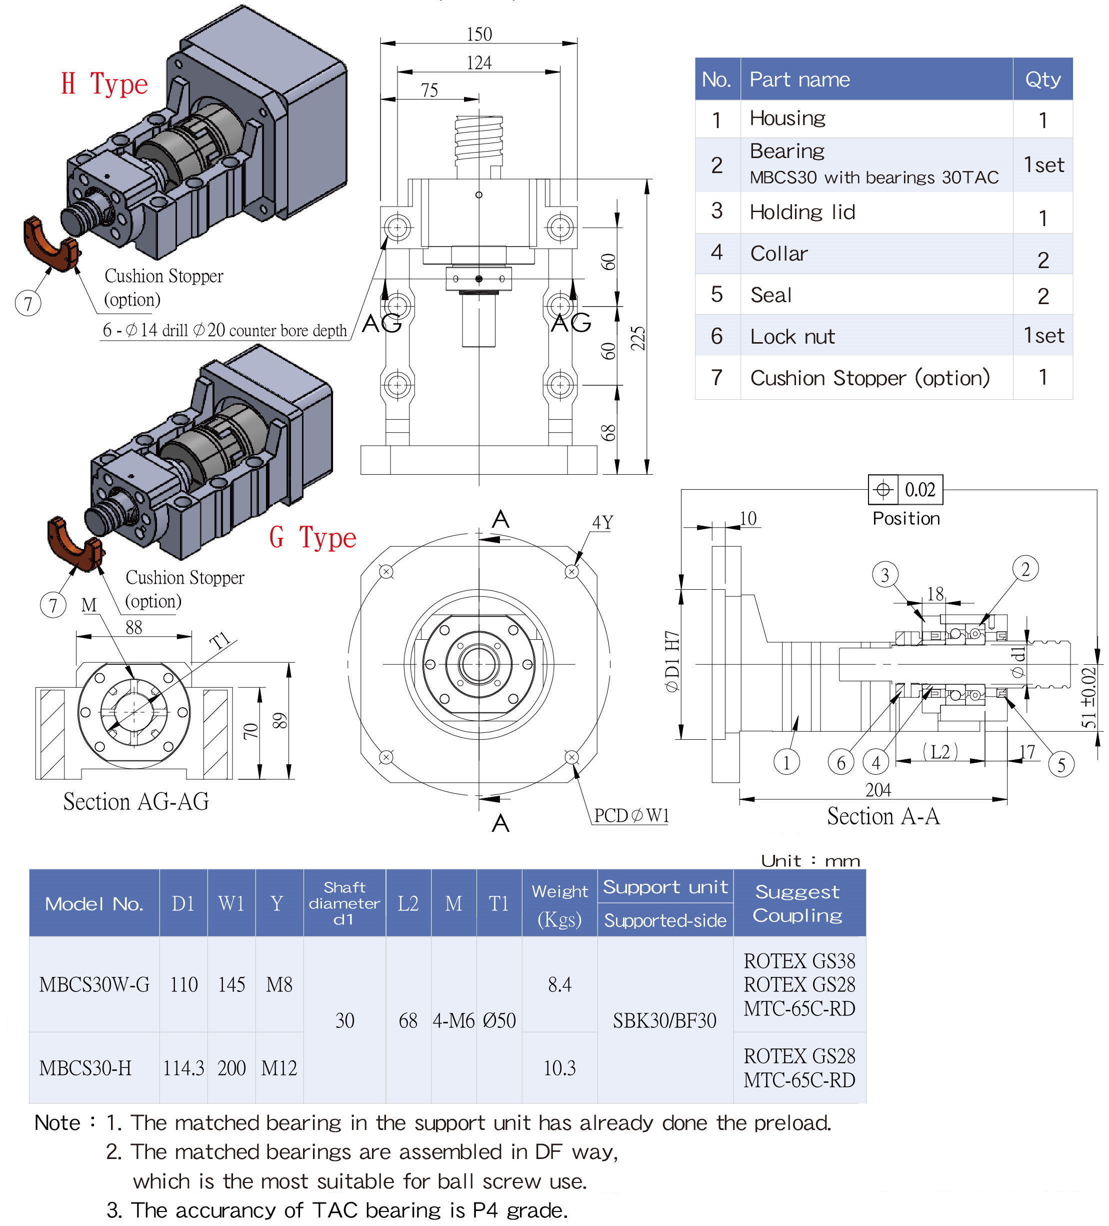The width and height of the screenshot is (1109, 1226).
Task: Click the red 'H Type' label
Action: pyautogui.click(x=104, y=84)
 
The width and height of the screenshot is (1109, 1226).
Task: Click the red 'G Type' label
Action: pyautogui.click(x=312, y=538)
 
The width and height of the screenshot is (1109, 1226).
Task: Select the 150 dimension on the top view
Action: pyautogui.click(x=478, y=35)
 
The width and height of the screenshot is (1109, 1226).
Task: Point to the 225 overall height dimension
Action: pyautogui.click(x=637, y=338)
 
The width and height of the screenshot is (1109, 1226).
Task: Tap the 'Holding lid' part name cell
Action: pyautogui.click(x=802, y=212)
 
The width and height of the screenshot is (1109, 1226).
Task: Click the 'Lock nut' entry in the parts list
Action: pyautogui.click(x=792, y=336)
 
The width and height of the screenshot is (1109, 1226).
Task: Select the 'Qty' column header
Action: pyautogui.click(x=1042, y=80)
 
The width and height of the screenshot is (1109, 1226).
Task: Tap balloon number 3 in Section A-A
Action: pyautogui.click(x=884, y=575)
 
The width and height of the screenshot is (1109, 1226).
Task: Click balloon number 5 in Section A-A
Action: pyautogui.click(x=1061, y=765)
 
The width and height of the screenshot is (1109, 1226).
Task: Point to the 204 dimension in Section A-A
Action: pyautogui.click(x=878, y=790)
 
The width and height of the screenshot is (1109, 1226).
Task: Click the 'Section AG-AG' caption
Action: pyautogui.click(x=136, y=801)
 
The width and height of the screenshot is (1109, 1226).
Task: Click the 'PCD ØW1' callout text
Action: pyautogui.click(x=631, y=815)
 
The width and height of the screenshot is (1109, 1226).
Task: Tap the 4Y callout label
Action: pyautogui.click(x=602, y=522)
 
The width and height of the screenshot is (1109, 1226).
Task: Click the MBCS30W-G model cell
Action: pyautogui.click(x=94, y=984)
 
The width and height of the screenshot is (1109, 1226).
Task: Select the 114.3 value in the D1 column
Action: pyautogui.click(x=183, y=1068)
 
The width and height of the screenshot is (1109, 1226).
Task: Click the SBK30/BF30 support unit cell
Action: pyautogui.click(x=664, y=1020)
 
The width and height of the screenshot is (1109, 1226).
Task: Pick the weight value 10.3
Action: pyautogui.click(x=559, y=1068)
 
